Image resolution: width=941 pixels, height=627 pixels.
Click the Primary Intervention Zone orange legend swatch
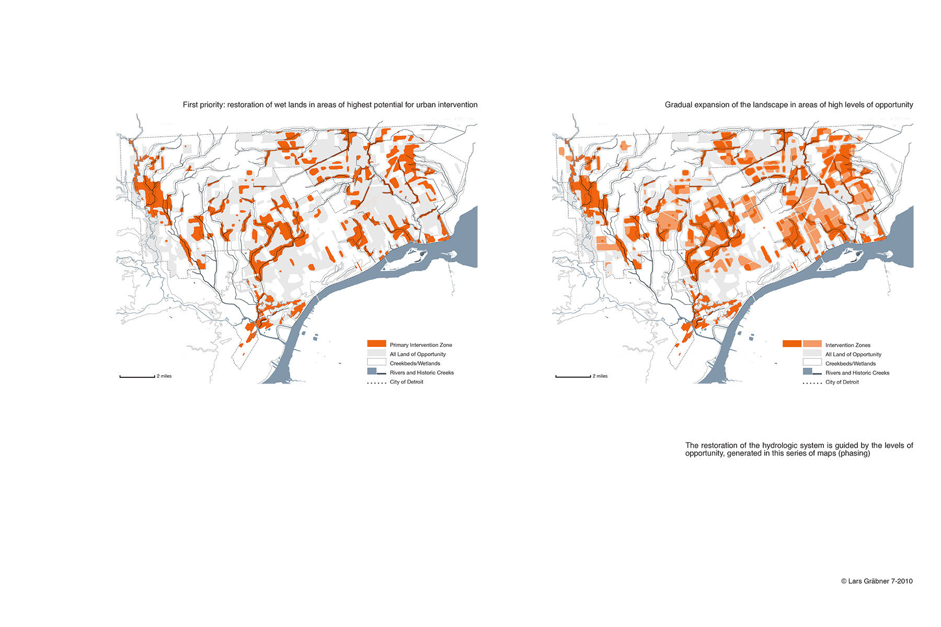(x=376, y=344)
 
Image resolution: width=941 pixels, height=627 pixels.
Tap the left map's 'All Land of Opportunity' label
(x=417, y=354)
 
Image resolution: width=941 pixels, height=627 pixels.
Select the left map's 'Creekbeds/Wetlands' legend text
(x=415, y=364)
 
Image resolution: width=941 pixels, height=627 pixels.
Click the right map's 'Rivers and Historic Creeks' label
(x=857, y=373)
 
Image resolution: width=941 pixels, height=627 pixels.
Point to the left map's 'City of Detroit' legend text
(x=406, y=382)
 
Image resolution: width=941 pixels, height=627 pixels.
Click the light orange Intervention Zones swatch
(x=812, y=344)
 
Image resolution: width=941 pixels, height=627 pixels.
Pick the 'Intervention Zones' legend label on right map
(x=847, y=345)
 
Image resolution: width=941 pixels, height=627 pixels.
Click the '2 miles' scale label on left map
(x=164, y=376)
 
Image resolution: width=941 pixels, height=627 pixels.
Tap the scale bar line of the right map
(x=573, y=376)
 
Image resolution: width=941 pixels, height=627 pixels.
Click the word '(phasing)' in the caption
(x=854, y=454)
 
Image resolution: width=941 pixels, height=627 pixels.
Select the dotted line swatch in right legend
(x=812, y=383)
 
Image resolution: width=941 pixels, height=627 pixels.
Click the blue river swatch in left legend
(x=372, y=371)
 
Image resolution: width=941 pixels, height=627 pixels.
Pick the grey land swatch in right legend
(x=812, y=354)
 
